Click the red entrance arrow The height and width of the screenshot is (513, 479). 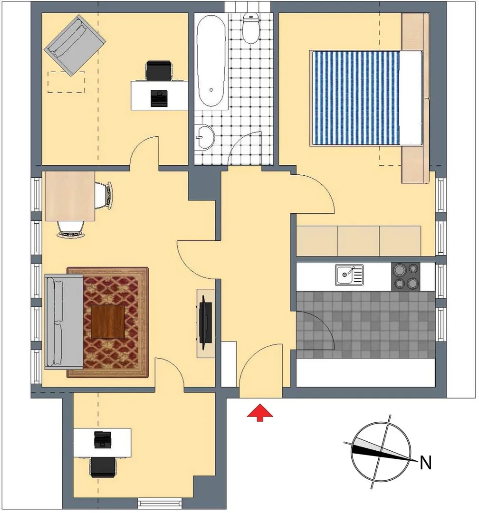[260, 413]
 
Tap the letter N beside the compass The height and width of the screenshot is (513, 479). [426, 463]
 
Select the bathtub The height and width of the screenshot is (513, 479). [211, 61]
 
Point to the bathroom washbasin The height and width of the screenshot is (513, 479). [204, 137]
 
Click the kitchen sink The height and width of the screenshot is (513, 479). [349, 275]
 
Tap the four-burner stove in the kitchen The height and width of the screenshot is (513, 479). [406, 276]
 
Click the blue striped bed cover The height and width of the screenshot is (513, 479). [355, 98]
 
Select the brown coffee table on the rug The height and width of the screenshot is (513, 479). [108, 322]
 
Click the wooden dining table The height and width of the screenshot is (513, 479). [70, 196]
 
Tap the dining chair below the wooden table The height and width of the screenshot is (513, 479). [71, 228]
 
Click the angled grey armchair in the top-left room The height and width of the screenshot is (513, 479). [75, 45]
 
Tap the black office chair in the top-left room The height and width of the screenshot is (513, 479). [159, 70]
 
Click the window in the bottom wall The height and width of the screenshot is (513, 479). [160, 503]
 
